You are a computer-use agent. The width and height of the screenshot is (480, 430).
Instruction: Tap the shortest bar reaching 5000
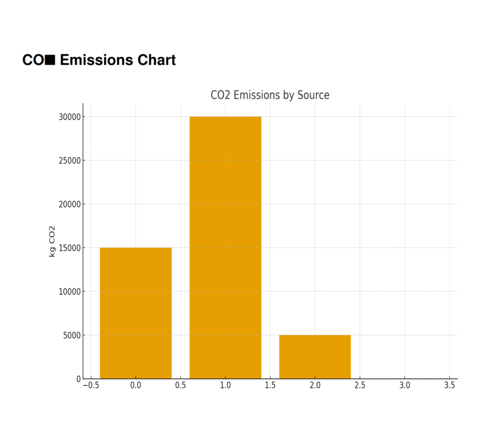click(315, 356)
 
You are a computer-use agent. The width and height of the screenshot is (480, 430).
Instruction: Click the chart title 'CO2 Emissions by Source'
click(270, 95)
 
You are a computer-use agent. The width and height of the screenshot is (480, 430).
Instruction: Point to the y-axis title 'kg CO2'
click(52, 241)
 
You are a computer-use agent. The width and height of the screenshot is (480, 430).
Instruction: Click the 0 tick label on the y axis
click(78, 378)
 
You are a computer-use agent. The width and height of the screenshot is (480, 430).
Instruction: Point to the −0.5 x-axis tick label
click(90, 386)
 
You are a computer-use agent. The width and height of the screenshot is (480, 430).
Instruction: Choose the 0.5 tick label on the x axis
click(180, 386)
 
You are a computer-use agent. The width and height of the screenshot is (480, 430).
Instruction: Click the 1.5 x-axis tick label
click(270, 386)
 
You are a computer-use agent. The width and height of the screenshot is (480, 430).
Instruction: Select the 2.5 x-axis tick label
click(360, 386)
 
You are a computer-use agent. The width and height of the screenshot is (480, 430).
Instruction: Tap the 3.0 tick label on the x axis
click(405, 386)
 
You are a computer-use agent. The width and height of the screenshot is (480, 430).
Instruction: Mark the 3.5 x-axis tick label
click(450, 386)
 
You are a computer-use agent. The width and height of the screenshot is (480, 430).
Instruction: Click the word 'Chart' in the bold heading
click(157, 60)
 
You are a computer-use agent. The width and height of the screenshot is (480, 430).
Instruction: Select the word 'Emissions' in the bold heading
click(97, 60)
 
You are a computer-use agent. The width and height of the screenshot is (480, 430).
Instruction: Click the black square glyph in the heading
click(51, 60)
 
